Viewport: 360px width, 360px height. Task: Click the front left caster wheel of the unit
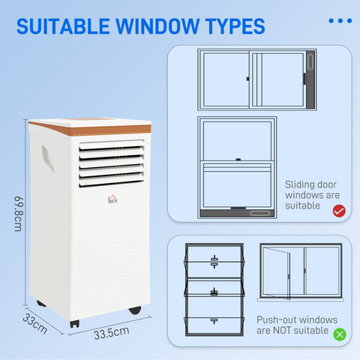coord(74,324)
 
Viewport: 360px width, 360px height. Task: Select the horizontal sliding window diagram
coord(256,79)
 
